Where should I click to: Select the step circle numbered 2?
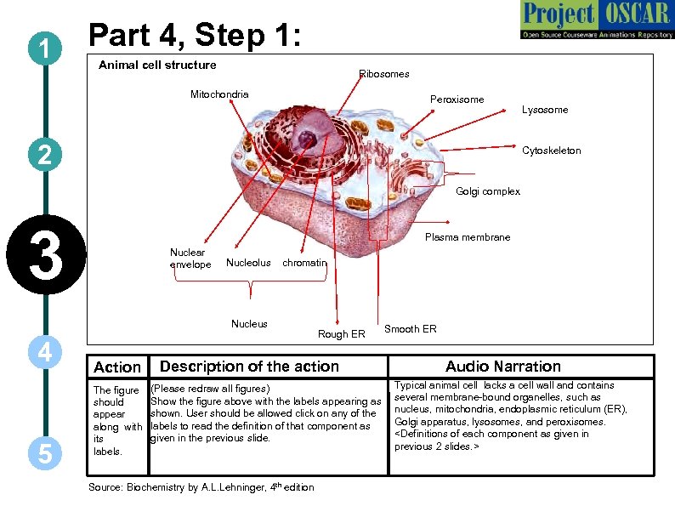pos(43,155)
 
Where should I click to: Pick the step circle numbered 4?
pos(43,352)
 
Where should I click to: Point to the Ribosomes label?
pos(384,74)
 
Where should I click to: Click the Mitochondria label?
pos(219,94)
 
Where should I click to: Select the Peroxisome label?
pos(457,99)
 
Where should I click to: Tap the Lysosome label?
pos(545,110)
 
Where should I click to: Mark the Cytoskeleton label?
pos(552,151)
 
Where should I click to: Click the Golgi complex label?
pos(488,191)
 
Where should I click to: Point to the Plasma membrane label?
pos(468,237)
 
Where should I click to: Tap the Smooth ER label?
pos(411,329)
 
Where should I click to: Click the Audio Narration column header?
pos(503,367)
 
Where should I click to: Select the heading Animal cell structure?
pos(157,65)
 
